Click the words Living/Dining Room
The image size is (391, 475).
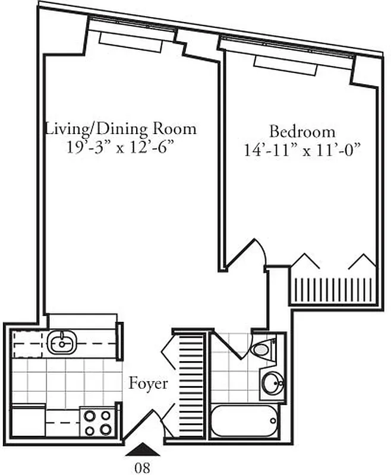pyautogui.click(x=121, y=129)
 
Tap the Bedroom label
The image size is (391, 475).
pyautogui.click(x=302, y=131)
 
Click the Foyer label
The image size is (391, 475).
pyautogui.click(x=148, y=384)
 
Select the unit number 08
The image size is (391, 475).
pyautogui.click(x=142, y=467)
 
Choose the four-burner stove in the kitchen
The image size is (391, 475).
pyautogui.click(x=98, y=422)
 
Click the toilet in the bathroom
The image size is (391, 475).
pyautogui.click(x=263, y=349)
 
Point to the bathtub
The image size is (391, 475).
pyautogui.click(x=244, y=422)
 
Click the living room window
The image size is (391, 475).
pyautogui.click(x=131, y=34)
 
